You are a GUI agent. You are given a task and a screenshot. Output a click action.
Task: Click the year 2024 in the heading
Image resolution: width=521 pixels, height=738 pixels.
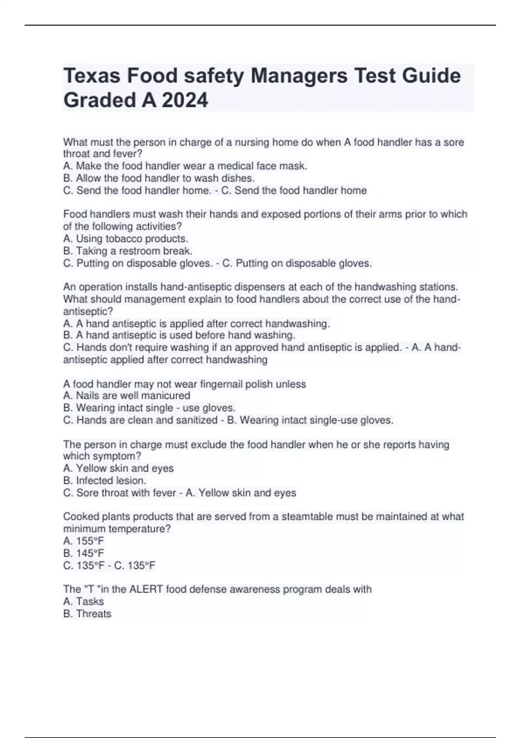[x=185, y=100]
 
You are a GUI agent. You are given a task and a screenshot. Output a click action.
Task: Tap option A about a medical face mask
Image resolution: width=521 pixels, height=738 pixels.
[x=185, y=166]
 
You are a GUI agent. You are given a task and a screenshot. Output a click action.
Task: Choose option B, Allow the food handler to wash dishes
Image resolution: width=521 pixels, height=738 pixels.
[x=159, y=178]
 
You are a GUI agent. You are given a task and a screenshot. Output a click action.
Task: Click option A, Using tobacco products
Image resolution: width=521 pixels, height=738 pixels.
[x=125, y=239]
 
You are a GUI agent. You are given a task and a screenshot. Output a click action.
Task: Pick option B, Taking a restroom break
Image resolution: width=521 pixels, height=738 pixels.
[x=128, y=251]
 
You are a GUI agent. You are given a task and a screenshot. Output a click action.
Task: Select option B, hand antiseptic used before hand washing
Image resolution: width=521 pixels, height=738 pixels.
[x=179, y=335]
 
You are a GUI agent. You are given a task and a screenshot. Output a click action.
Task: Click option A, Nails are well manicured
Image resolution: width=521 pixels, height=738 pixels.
[x=127, y=395]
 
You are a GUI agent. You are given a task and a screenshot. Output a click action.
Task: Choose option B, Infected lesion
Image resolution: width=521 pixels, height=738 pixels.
[x=105, y=481]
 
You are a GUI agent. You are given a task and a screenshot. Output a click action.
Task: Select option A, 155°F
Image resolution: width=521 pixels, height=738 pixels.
[x=84, y=541]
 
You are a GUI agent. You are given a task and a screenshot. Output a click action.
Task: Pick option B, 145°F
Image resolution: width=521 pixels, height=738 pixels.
[x=84, y=553]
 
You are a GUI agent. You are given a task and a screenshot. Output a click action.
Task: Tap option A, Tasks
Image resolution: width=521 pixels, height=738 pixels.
[x=83, y=602]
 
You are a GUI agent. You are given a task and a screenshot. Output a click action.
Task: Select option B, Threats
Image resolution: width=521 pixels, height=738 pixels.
[x=87, y=614]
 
